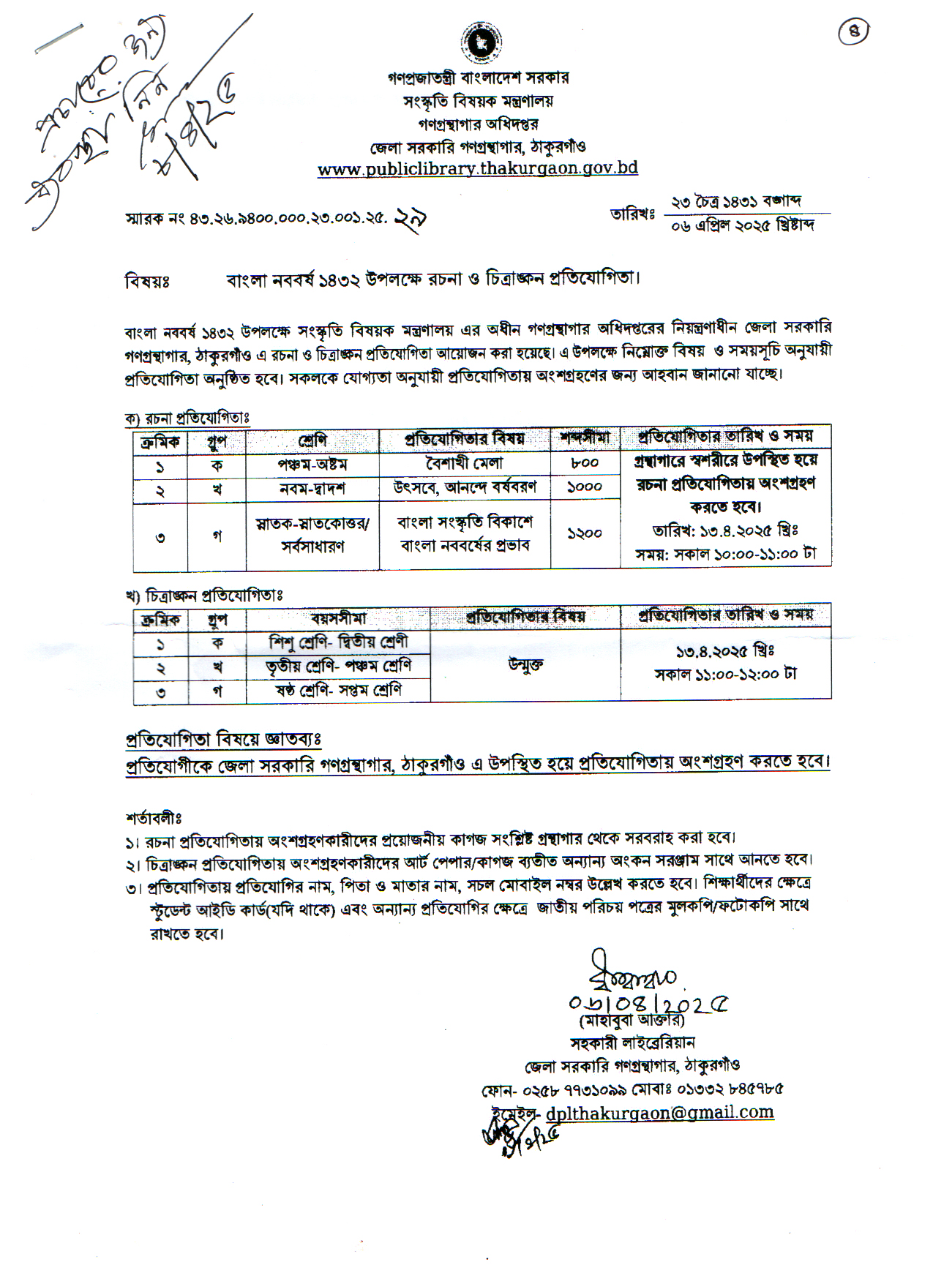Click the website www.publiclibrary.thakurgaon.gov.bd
coord(477,168)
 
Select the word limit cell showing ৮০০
coord(584,463)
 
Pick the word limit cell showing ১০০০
coord(584,487)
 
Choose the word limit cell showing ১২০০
coord(584,535)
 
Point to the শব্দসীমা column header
coord(584,438)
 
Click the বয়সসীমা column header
coord(337,618)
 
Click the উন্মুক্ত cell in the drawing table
coord(525,666)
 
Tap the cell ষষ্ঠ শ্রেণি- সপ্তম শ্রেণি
coord(337,691)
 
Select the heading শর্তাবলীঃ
coord(153,816)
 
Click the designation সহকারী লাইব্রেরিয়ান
coord(632,1043)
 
